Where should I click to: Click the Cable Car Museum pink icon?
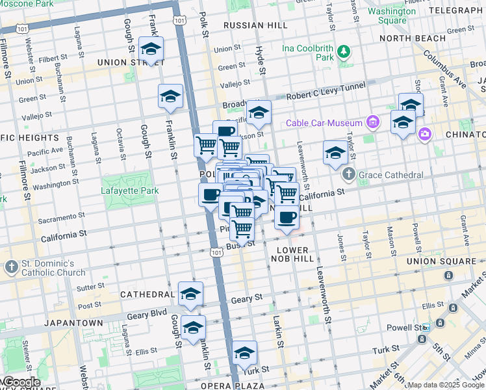(372, 122)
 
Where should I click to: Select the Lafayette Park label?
(130, 190)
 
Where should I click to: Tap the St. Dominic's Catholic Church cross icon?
(12, 267)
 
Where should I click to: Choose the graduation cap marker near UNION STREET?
(151, 49)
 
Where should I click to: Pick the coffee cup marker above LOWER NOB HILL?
(286, 217)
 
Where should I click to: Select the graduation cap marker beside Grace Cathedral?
(335, 153)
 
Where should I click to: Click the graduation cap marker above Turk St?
(244, 354)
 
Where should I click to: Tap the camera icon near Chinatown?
(425, 134)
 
